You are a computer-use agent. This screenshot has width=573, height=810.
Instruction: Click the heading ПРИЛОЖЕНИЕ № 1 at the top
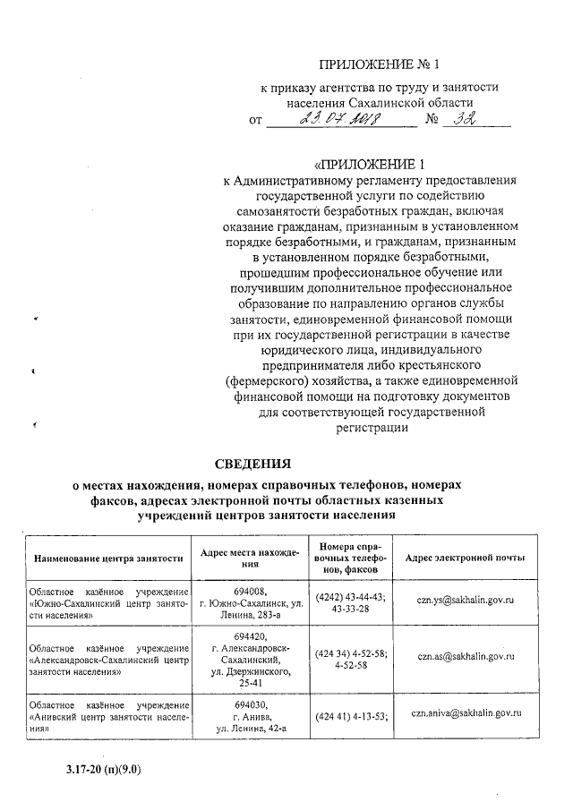coord(381,64)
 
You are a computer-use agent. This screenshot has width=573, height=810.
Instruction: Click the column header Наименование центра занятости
coord(108,558)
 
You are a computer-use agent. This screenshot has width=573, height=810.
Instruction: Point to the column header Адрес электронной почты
coord(465,558)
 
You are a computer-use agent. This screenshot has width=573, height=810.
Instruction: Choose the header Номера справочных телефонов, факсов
coord(350,557)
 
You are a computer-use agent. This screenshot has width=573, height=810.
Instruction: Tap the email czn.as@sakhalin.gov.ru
coord(465,656)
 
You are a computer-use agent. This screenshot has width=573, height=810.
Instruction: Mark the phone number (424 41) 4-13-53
coord(351,715)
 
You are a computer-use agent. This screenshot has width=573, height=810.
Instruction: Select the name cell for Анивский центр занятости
coord(108,716)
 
